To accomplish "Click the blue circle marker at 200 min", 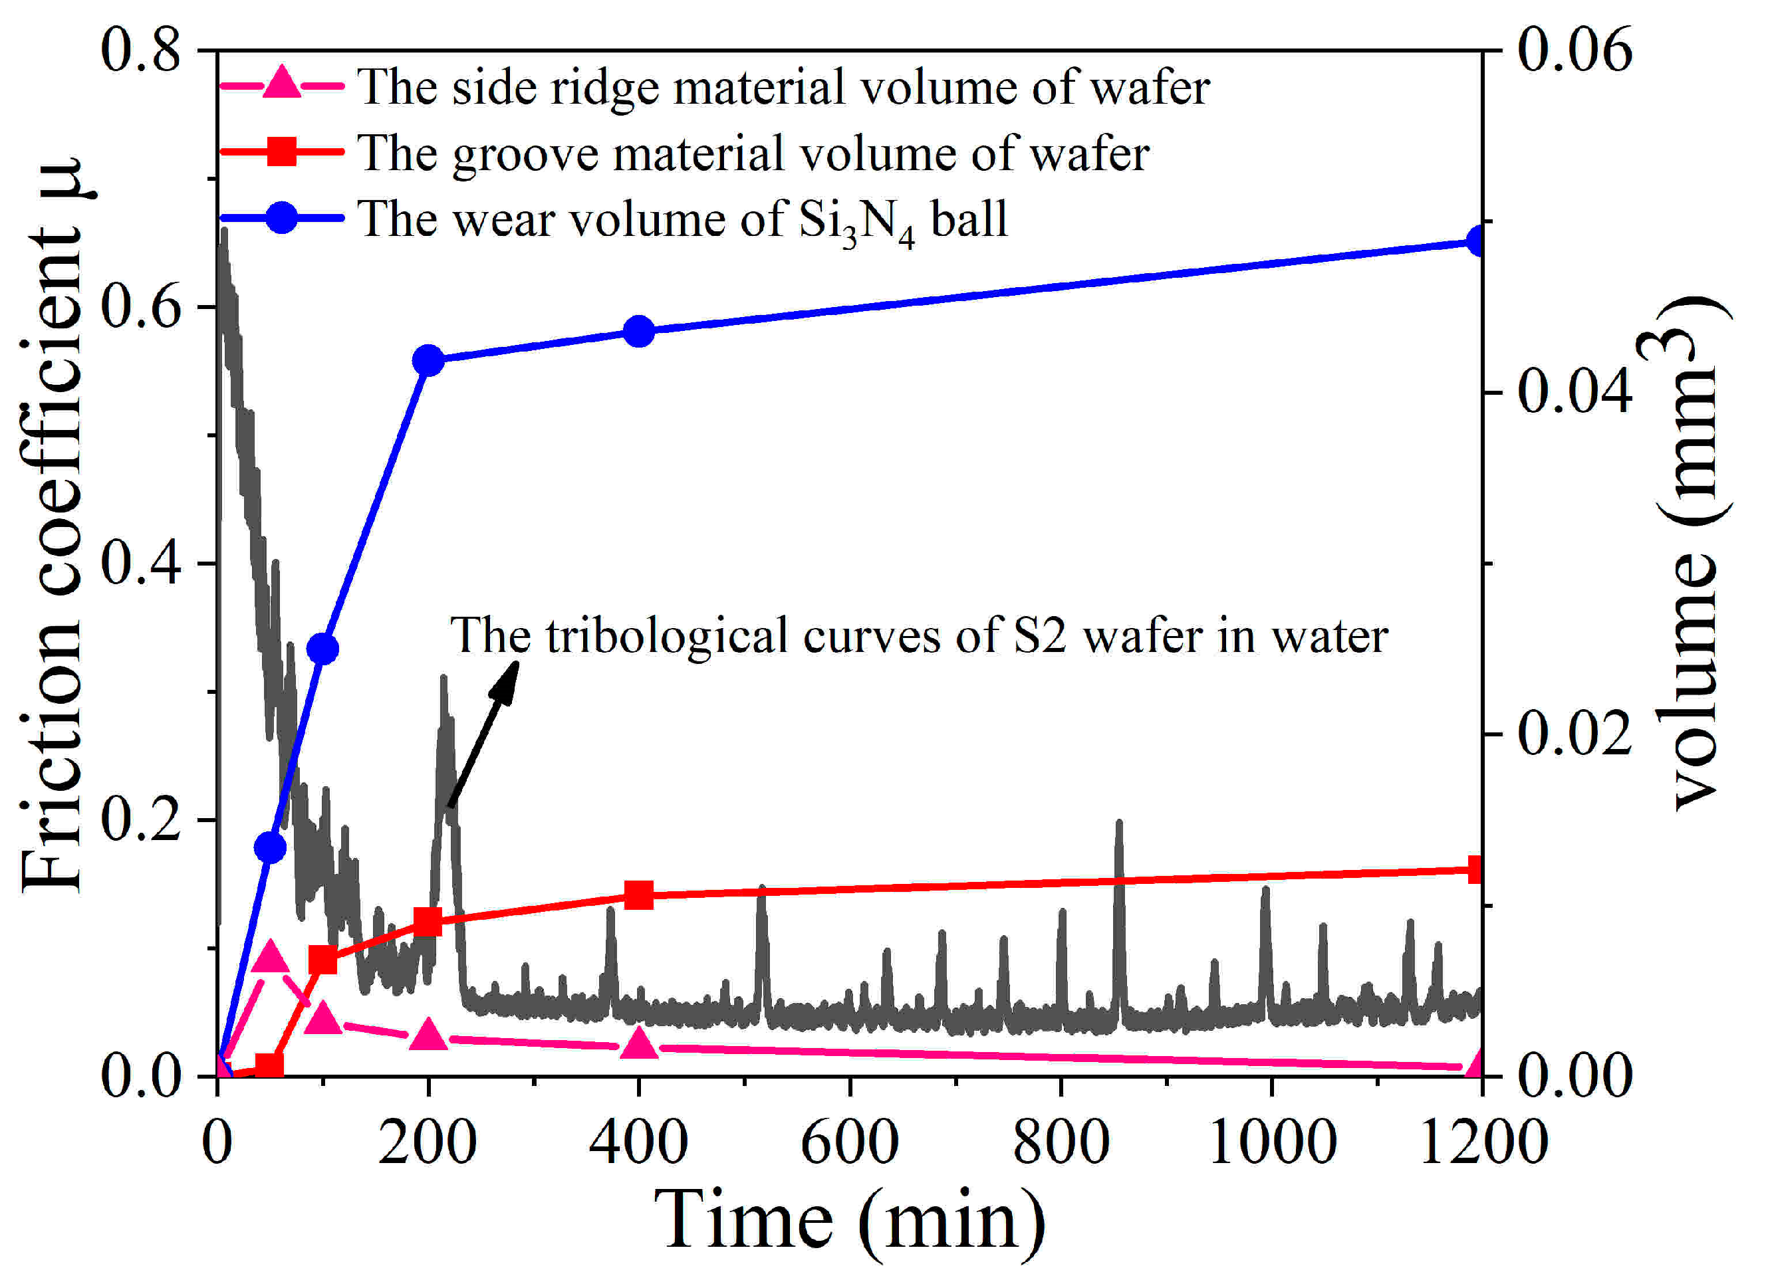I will (x=428, y=360).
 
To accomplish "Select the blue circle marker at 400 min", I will (x=639, y=332).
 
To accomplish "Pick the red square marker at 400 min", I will (x=639, y=895).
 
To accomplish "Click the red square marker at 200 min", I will (x=428, y=922).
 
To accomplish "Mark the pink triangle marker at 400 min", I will (x=639, y=1045).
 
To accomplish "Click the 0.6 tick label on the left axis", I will (x=141, y=306).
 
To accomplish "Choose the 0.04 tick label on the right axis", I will (x=1575, y=391).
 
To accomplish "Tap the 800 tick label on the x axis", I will (x=1061, y=1142).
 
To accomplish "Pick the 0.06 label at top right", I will (x=1575, y=51).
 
